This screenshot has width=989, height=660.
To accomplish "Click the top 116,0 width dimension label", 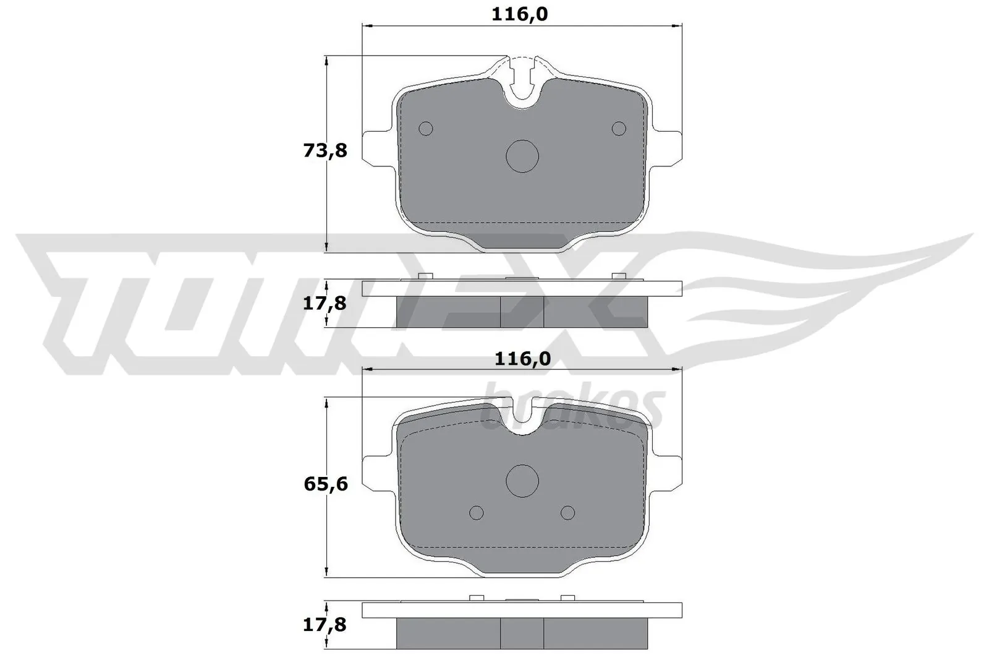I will point(519,14).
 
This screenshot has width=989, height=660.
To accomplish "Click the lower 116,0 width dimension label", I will point(522,359).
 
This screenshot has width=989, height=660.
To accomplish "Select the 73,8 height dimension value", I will point(325,150).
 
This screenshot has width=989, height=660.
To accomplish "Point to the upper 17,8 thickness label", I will point(325,304).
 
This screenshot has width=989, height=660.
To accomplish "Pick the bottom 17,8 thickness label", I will point(325,625).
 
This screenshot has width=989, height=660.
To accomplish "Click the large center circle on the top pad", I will point(522,156).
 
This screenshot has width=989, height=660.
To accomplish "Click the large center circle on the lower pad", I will point(522,481).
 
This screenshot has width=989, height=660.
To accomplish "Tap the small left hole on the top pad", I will point(426,129).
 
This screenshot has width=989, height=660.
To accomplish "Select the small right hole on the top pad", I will point(619,129).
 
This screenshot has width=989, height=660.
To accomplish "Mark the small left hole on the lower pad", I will point(477,513).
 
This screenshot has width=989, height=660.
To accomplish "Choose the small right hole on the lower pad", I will point(567,513).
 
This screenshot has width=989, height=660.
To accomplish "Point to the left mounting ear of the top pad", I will point(376,148).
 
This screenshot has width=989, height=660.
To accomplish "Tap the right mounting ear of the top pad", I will point(668,148).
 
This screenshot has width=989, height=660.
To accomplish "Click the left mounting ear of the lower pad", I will point(376,474).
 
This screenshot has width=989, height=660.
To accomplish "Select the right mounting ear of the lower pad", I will point(668,474).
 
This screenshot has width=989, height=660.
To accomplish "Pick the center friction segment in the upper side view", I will point(522,312).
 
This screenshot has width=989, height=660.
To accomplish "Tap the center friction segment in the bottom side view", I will point(522,633).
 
